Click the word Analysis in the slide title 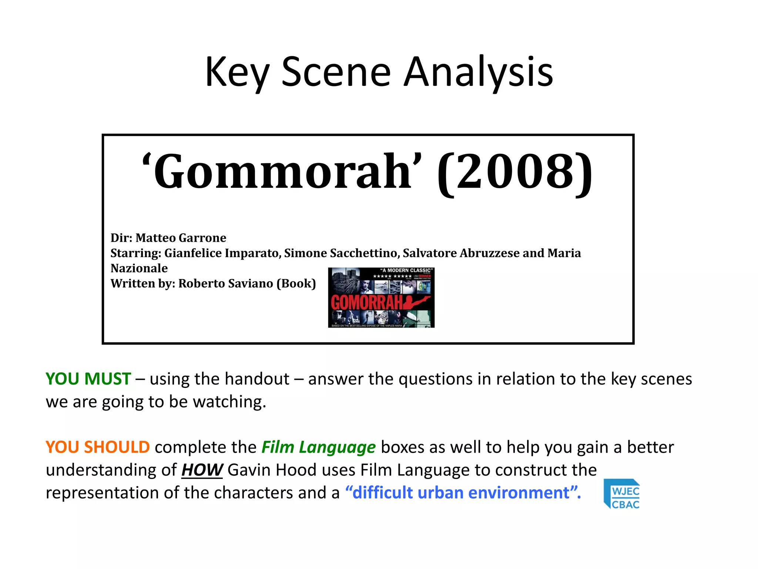[478, 72]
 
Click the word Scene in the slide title [336, 72]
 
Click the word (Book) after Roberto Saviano [296, 283]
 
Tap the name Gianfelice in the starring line [193, 253]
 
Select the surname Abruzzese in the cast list [489, 253]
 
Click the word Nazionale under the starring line [139, 268]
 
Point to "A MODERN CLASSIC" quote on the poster [406, 270]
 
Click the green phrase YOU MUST [88, 379]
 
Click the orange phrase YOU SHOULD [98, 447]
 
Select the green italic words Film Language [318, 447]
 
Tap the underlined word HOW [202, 470]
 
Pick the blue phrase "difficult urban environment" [463, 493]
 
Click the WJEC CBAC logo [622, 494]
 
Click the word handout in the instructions [257, 379]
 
